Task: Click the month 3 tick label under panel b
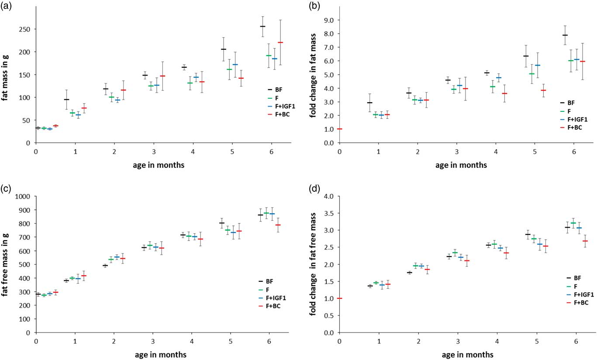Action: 457,151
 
